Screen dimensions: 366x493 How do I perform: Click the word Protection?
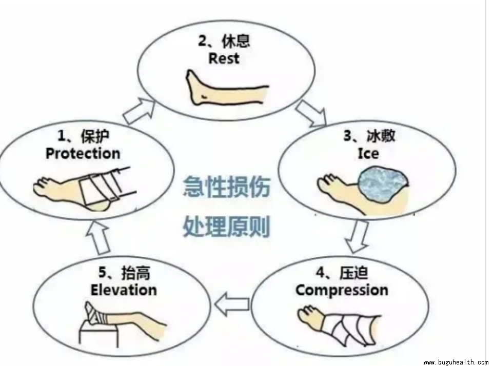(x=83, y=153)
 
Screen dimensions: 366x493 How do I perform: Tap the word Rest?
(x=224, y=58)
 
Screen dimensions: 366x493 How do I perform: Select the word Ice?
(x=368, y=153)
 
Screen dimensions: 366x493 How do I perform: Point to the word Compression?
(x=342, y=290)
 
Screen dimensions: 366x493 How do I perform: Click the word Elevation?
(x=124, y=290)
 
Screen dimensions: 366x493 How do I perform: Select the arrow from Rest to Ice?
(x=311, y=113)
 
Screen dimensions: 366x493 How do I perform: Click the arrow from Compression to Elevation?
(x=231, y=306)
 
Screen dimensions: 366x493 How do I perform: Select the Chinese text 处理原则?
(x=226, y=226)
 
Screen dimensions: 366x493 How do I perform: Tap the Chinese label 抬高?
(x=136, y=273)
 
